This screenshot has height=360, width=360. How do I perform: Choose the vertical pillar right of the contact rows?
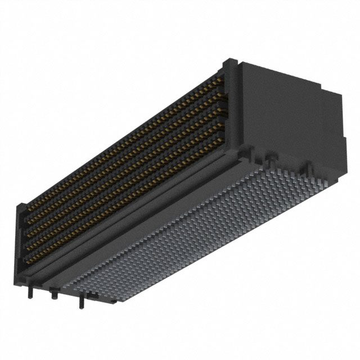point(232,112)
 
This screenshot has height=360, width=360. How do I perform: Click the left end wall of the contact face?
point(20,236)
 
